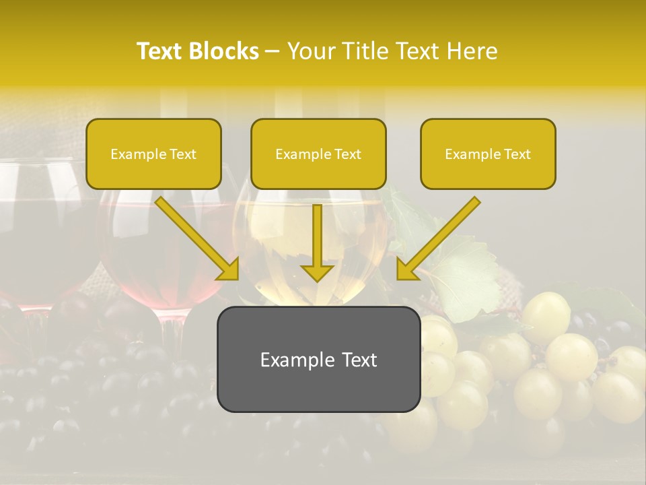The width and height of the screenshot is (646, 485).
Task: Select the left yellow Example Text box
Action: coord(153,154)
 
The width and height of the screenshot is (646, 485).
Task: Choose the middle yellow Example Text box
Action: coord(318,154)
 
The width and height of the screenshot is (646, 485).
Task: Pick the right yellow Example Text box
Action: coord(488,154)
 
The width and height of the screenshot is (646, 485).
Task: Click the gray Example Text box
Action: coord(318,360)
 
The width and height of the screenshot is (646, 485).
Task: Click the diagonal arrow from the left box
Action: coord(192,236)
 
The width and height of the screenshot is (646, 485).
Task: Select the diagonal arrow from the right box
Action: coord(441,236)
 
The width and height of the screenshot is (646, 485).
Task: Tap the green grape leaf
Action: coord(464,276)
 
